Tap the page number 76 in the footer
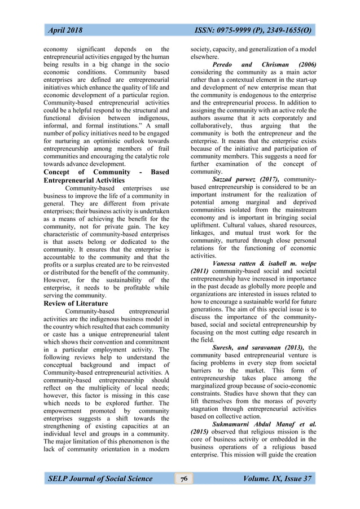click(x=183, y=479)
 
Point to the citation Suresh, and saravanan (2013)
click(x=259, y=348)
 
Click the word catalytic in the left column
click(x=141, y=159)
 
